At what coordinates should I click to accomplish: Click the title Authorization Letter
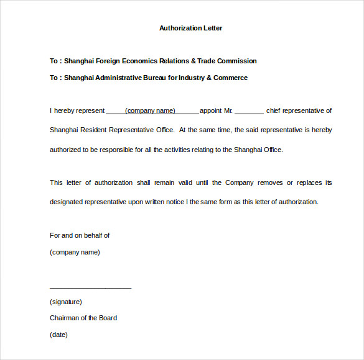point(190,28)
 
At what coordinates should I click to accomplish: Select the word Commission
point(235,61)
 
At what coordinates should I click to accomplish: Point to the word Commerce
point(231,78)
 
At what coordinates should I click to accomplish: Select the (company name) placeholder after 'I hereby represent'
point(150,111)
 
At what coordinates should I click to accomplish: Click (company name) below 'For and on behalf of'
point(75,252)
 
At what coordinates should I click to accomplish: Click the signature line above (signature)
point(90,287)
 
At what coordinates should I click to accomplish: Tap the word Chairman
point(65,318)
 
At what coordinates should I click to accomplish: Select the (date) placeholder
point(58,335)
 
